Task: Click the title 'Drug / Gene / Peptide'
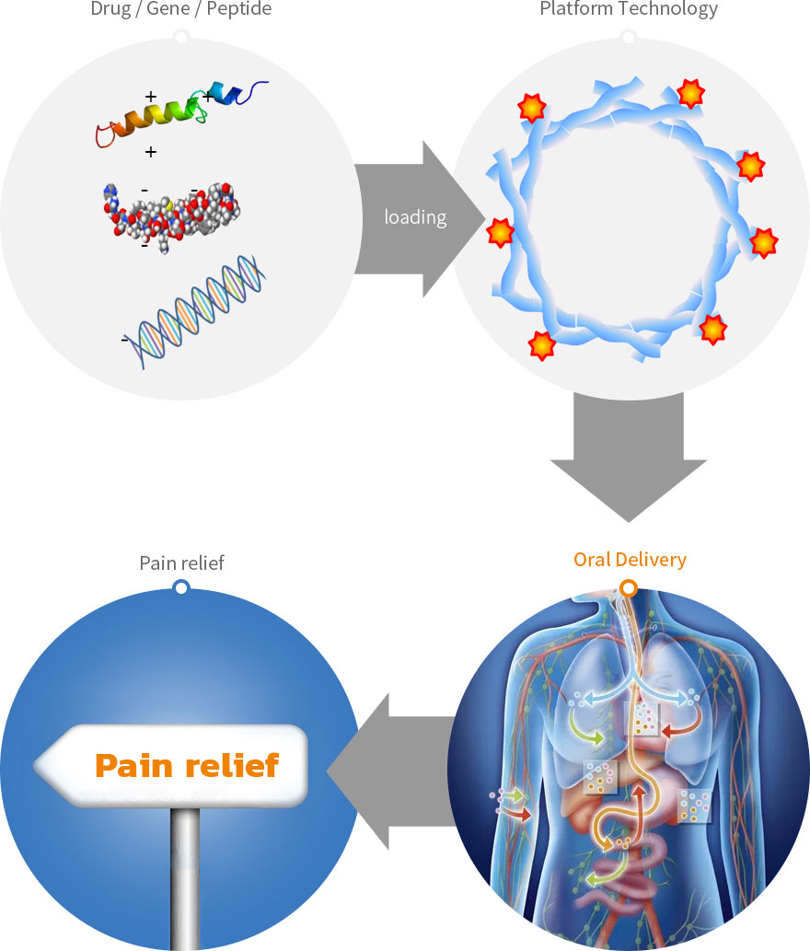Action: tap(181, 10)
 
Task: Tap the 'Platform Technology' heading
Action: tap(629, 10)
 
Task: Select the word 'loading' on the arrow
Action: tap(415, 218)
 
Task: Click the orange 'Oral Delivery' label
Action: tap(630, 559)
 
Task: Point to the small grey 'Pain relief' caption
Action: tap(181, 562)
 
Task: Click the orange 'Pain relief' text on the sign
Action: tap(187, 765)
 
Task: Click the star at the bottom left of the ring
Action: tap(542, 344)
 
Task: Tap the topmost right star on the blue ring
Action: tap(691, 92)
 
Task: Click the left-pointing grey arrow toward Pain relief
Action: tap(391, 771)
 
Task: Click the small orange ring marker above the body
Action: tap(629, 587)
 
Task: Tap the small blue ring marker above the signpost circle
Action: tap(181, 587)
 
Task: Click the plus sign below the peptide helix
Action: tap(151, 152)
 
